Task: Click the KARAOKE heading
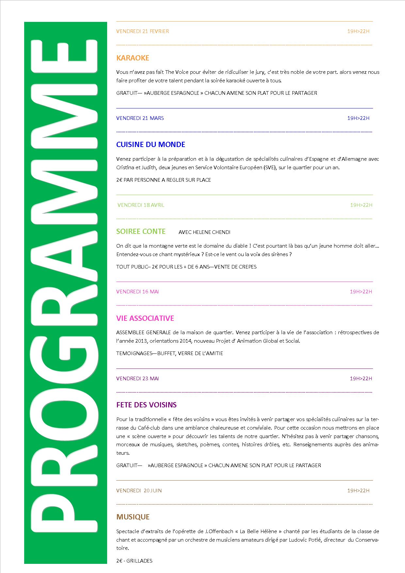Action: click(133, 58)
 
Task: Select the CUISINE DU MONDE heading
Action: click(151, 145)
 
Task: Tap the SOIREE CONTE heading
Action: click(141, 232)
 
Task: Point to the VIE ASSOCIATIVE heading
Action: click(145, 318)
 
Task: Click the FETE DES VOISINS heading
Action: click(146, 405)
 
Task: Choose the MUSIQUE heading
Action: click(133, 517)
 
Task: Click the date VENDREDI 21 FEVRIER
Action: click(142, 31)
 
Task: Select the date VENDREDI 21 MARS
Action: click(140, 118)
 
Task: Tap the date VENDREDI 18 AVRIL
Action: click(141, 205)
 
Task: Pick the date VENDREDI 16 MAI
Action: click(138, 292)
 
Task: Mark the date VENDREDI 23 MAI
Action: click(138, 379)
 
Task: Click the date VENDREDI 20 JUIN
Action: click(139, 491)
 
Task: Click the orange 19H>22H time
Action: click(358, 31)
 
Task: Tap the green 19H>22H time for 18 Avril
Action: click(361, 205)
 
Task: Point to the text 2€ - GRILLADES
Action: click(134, 561)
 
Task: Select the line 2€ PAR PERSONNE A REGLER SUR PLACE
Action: click(163, 180)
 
